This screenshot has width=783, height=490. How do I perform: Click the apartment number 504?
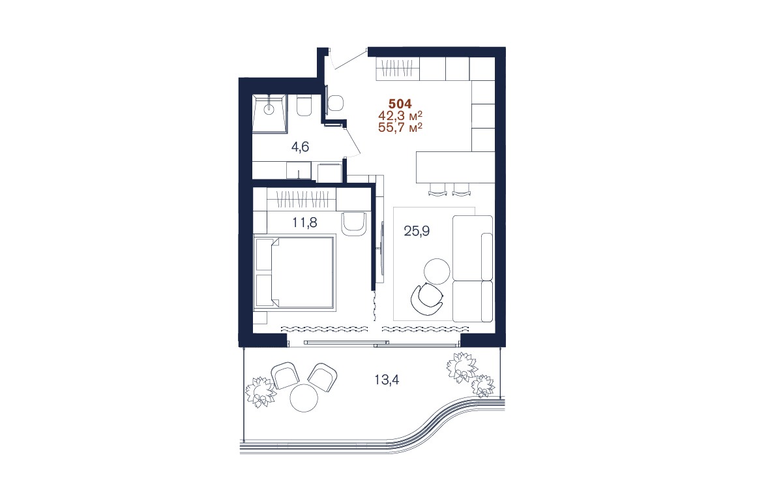[400, 104]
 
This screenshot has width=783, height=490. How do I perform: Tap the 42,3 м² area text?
[400, 115]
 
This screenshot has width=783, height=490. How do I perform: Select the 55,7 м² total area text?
[400, 127]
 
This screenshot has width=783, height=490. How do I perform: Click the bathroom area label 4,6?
[300, 147]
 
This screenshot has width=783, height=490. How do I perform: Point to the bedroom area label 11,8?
[305, 222]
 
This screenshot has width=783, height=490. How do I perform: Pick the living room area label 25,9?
[417, 231]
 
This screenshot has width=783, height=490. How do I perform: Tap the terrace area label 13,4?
[387, 380]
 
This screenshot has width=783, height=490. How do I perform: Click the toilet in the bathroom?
[304, 105]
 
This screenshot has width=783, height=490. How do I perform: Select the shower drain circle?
[269, 110]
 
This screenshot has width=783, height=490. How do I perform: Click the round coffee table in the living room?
[437, 271]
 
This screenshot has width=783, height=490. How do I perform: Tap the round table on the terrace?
[304, 397]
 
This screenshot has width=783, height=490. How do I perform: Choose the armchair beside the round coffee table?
[427, 299]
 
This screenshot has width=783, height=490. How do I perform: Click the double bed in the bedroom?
[294, 273]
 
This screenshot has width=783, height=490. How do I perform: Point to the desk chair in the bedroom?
[354, 224]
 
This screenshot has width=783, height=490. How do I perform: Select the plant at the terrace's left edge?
[260, 391]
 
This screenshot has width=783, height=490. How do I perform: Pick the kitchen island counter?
[455, 167]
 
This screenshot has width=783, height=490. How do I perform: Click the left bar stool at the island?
[437, 190]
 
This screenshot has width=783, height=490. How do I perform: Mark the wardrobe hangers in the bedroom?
[301, 200]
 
